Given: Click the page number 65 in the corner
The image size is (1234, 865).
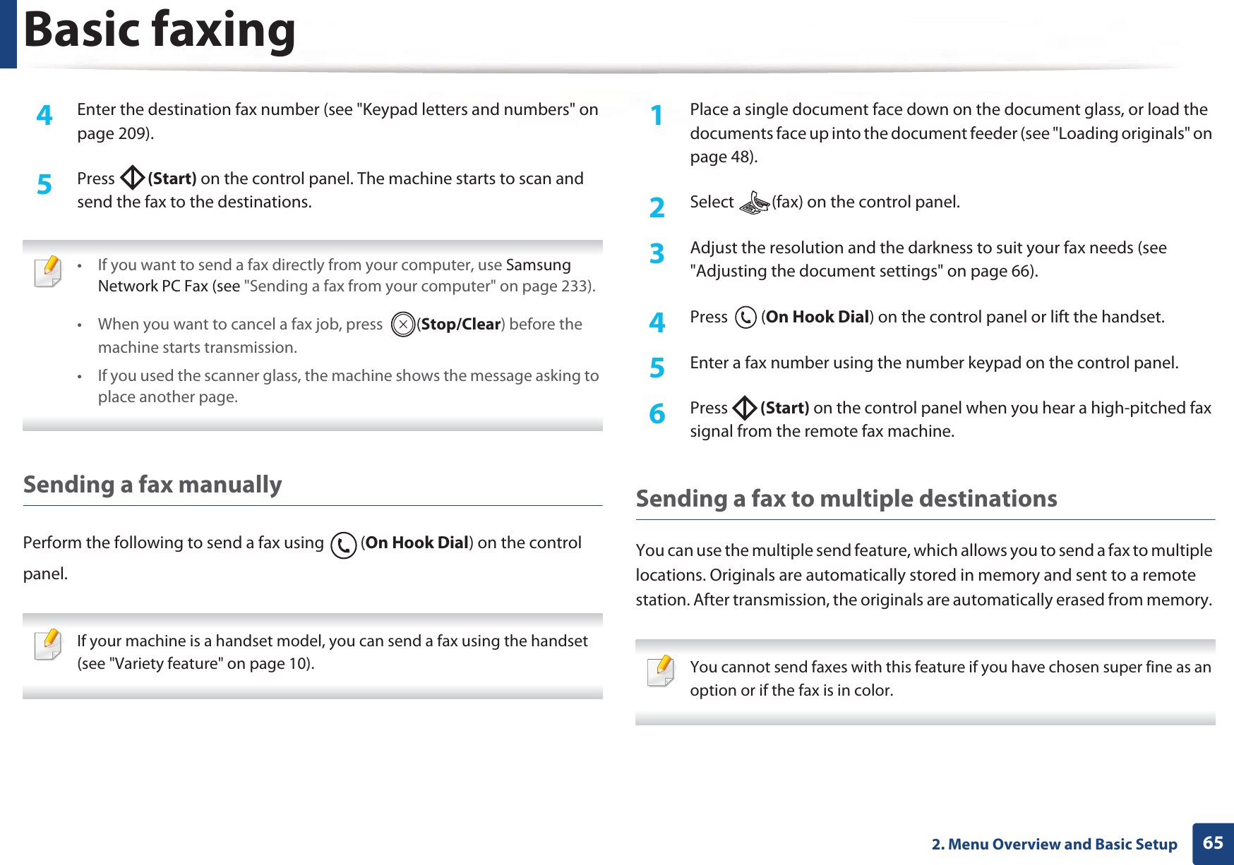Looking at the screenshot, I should (1213, 843).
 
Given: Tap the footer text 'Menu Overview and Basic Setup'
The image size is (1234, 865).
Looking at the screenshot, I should (1062, 845).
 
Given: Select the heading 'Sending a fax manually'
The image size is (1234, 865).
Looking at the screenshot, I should (152, 485).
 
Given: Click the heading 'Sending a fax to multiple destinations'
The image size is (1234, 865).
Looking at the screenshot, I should (846, 499).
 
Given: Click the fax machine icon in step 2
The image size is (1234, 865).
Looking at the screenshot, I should (753, 203).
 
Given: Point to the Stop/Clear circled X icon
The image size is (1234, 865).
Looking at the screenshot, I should (402, 325).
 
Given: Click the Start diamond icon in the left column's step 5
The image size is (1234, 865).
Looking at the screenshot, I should (132, 179).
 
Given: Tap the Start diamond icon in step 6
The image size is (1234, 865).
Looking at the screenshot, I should (745, 408).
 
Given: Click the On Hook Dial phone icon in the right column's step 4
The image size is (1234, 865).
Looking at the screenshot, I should (745, 317).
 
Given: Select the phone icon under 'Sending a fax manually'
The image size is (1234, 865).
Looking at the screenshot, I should (343, 545).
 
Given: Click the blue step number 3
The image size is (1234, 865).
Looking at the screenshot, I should (657, 253).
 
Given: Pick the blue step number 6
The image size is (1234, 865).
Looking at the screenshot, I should (657, 413).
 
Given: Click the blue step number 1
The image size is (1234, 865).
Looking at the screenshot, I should (657, 115).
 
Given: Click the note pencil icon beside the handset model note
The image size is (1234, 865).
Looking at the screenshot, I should (48, 645).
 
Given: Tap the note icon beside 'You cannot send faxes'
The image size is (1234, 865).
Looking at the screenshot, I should (661, 671).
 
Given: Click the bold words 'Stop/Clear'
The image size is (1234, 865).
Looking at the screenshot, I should (460, 325).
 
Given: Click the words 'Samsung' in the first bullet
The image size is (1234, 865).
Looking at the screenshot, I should (538, 265).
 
